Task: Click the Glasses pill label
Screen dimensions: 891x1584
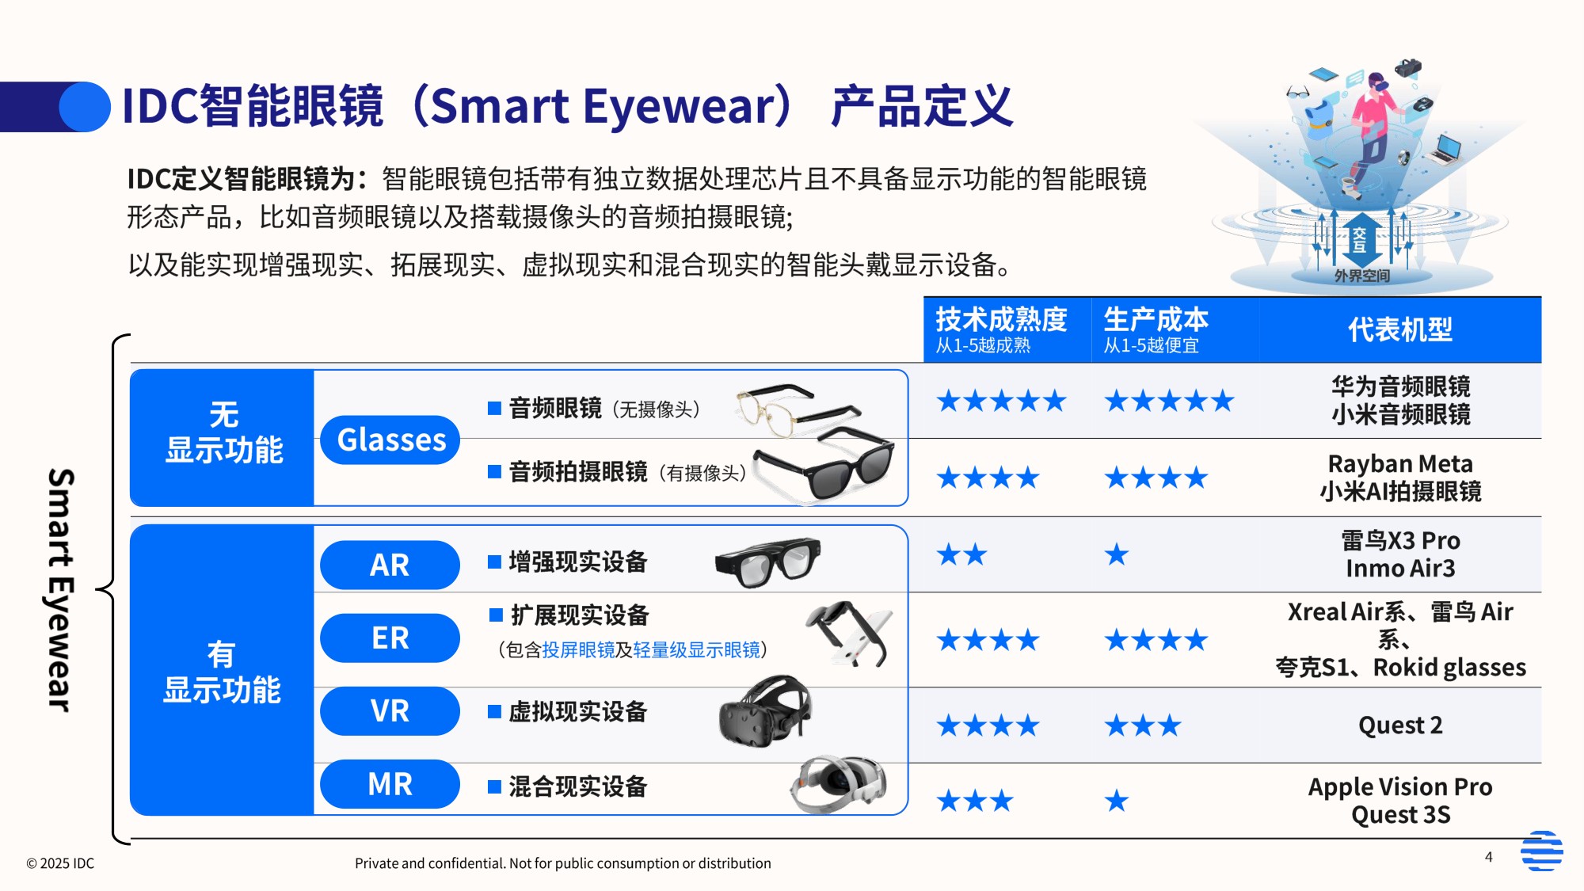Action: tap(390, 440)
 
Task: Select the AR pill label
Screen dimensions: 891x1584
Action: tap(390, 565)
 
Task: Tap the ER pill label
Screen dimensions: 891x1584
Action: tap(390, 638)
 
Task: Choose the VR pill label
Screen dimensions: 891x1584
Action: tap(390, 710)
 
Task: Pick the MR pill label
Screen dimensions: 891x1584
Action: tap(390, 784)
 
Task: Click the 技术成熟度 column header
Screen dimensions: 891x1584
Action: tap(1001, 320)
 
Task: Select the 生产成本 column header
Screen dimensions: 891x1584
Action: tap(1156, 320)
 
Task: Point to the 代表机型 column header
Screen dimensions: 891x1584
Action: tap(1399, 329)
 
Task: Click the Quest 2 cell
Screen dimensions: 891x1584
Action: tap(1399, 725)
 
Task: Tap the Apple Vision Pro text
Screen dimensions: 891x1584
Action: tap(1399, 786)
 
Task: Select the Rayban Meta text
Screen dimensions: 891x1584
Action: tap(1399, 463)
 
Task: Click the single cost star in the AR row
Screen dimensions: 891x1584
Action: tap(1117, 554)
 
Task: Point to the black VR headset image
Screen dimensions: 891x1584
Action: tap(765, 712)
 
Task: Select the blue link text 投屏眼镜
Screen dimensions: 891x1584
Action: tap(578, 650)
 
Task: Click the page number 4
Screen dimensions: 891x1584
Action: tap(1489, 857)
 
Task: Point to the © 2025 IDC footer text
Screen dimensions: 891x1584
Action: tap(60, 863)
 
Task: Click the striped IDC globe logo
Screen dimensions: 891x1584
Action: tap(1541, 851)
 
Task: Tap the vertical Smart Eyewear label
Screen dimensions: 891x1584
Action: tap(61, 590)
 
